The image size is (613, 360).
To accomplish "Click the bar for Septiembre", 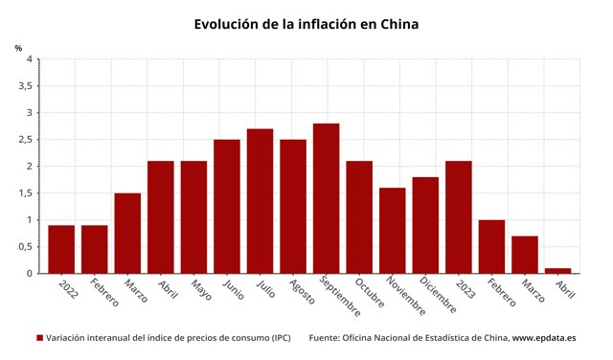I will (x=326, y=198).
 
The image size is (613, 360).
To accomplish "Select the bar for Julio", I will (x=260, y=201).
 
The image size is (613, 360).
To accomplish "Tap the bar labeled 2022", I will (x=61, y=249).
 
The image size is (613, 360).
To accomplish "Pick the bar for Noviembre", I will (x=392, y=230).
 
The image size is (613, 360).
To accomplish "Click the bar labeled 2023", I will (x=458, y=217).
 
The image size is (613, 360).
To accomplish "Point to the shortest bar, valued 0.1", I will (x=557, y=271).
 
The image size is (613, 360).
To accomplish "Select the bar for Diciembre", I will (x=425, y=225).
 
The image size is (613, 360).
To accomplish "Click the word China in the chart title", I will (x=395, y=23).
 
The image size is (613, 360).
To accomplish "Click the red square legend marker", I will (x=40, y=338).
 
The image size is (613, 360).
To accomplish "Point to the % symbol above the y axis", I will (x=18, y=48).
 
